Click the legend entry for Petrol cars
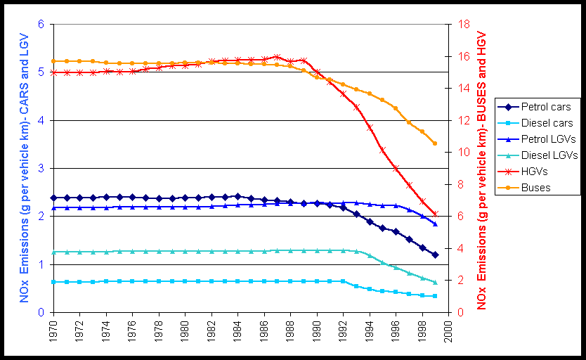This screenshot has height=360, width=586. pyautogui.click(x=546, y=107)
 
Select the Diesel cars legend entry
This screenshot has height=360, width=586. pyautogui.click(x=546, y=123)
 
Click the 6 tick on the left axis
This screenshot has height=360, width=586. pyautogui.click(x=41, y=24)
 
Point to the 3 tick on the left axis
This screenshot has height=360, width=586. pyautogui.click(x=41, y=168)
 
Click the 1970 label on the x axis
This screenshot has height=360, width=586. pyautogui.click(x=53, y=330)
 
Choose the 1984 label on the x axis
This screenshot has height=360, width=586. pyautogui.click(x=238, y=330)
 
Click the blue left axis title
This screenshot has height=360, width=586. pyautogui.click(x=24, y=169)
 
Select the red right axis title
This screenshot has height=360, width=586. pyautogui.click(x=482, y=169)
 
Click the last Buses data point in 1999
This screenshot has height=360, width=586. pyautogui.click(x=435, y=143)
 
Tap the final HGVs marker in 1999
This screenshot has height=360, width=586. pyautogui.click(x=435, y=214)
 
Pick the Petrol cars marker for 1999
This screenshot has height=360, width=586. pyautogui.click(x=435, y=255)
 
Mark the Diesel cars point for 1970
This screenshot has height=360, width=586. pyautogui.click(x=53, y=281)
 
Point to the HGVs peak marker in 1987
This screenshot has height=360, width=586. pyautogui.click(x=277, y=57)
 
